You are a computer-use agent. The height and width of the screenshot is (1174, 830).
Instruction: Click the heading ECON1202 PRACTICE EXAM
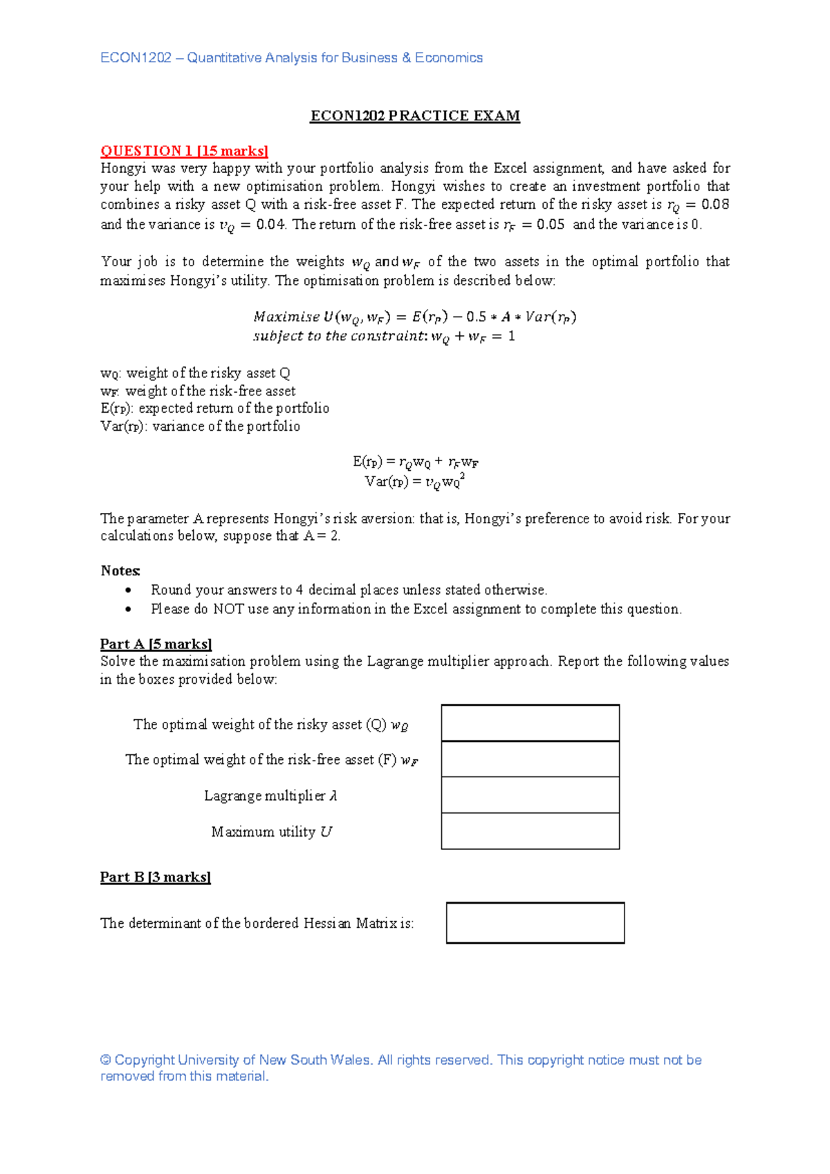tap(415, 115)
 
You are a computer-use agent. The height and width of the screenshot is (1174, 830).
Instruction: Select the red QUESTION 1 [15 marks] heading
tap(184, 151)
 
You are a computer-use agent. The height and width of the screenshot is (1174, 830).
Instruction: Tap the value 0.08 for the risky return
tap(715, 204)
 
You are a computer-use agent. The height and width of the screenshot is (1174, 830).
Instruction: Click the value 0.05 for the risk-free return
tap(550, 224)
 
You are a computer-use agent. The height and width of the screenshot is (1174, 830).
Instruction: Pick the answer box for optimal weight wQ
tap(530, 723)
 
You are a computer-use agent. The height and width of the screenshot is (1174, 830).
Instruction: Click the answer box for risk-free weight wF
tap(530, 758)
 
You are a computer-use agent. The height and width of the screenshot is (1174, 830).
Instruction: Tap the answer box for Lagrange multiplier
tap(530, 794)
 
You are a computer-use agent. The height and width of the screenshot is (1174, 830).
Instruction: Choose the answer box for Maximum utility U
tap(530, 830)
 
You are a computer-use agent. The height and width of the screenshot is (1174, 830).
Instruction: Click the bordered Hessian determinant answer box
tap(535, 922)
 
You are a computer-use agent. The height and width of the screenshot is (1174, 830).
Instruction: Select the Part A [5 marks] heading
tap(156, 644)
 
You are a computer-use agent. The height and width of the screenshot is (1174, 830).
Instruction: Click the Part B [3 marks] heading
tap(155, 877)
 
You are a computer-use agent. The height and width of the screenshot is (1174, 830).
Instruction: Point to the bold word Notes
tap(120, 570)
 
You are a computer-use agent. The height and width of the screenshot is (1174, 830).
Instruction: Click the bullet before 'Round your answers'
tap(128, 590)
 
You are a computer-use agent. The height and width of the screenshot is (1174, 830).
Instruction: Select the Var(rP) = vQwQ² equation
tap(414, 481)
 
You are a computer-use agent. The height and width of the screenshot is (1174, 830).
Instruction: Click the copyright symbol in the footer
tap(106, 1060)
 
